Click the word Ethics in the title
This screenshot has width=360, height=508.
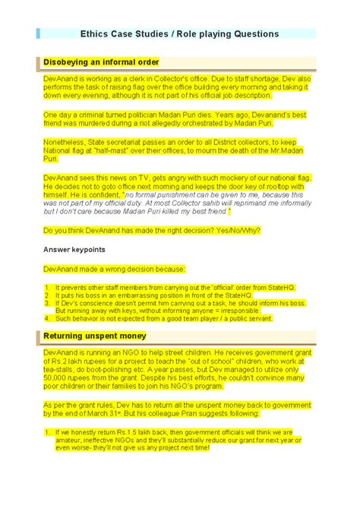coord(96,34)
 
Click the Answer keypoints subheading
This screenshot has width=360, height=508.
coord(74,249)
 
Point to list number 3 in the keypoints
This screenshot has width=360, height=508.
coord(46,302)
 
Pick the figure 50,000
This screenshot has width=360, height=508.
coord(60,379)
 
